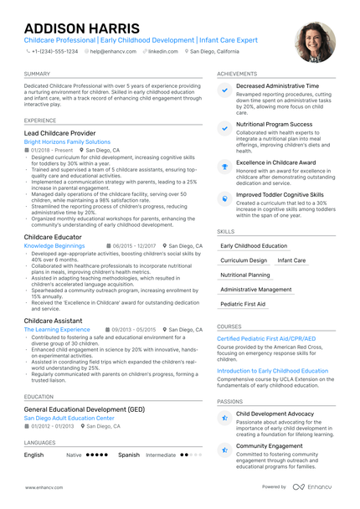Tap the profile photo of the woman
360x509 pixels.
[314, 43]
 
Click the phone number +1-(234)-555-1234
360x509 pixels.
[54, 51]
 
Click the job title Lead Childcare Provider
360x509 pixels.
[59, 133]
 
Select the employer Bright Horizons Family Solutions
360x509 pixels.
[67, 142]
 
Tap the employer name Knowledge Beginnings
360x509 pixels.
[54, 246]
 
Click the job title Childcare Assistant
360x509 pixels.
[54, 321]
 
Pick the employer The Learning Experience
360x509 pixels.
[57, 330]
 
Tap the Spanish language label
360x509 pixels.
[129, 455]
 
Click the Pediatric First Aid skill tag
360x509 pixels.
[243, 304]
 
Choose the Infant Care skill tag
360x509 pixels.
[291, 260]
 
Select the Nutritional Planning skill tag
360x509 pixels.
[245, 275]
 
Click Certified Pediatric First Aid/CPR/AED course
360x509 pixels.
[266, 338]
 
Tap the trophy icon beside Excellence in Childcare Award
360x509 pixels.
[224, 166]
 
